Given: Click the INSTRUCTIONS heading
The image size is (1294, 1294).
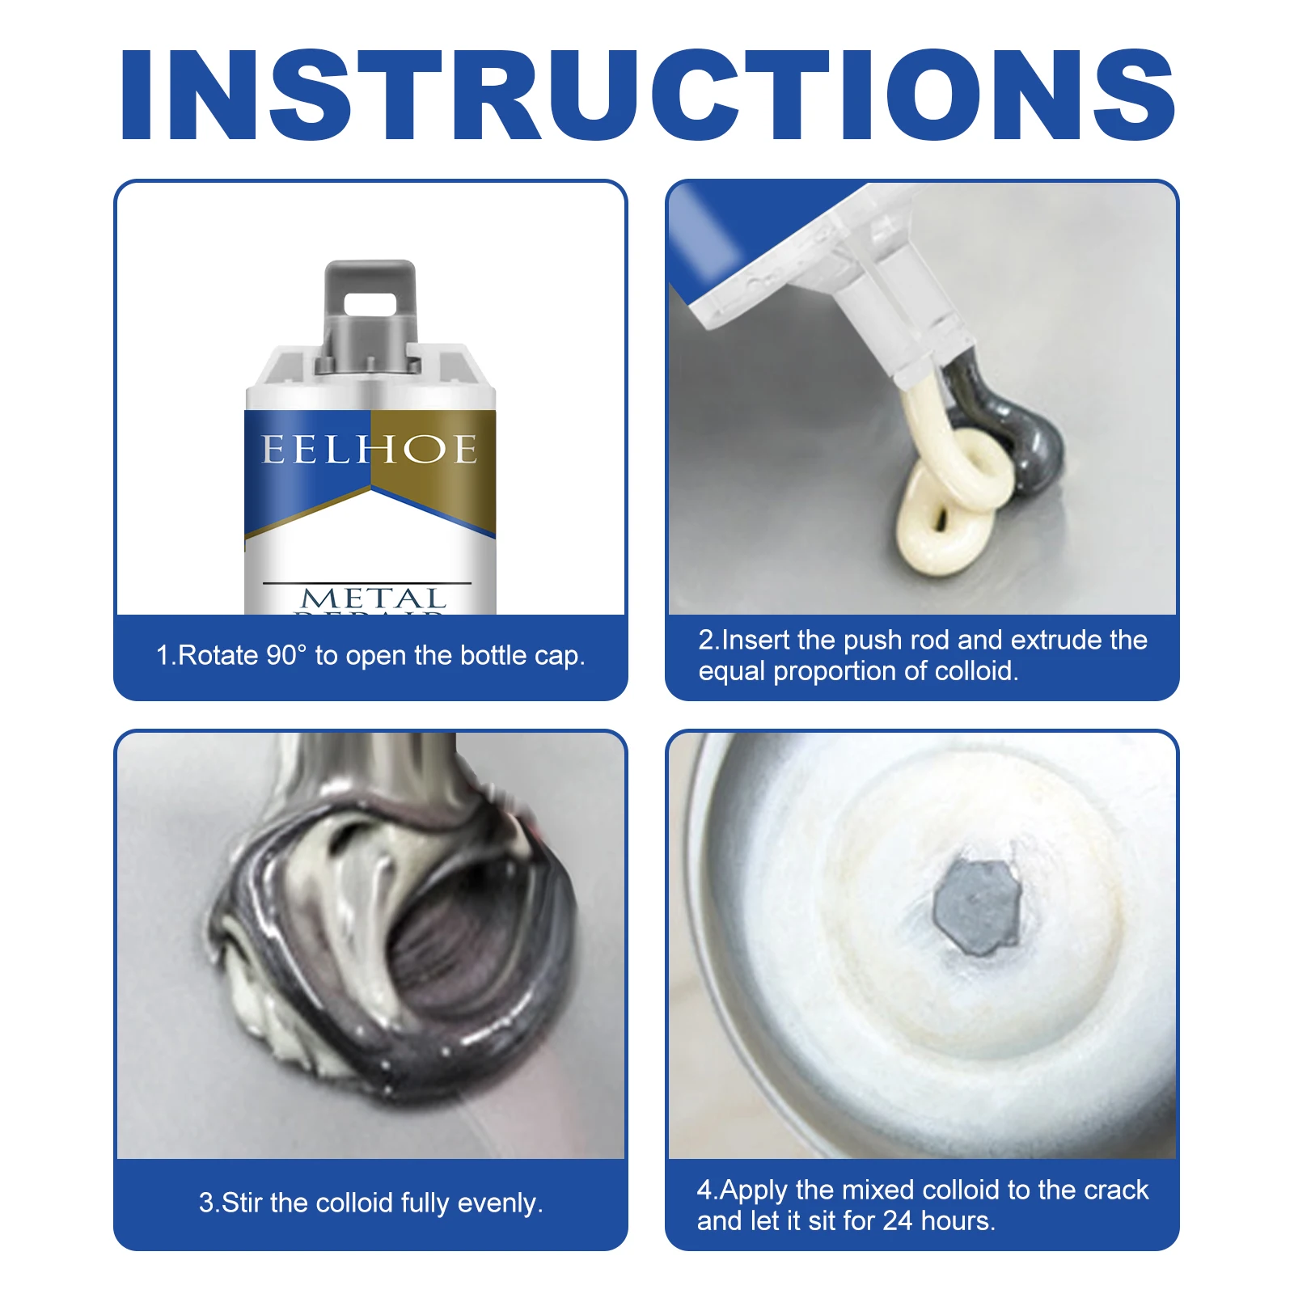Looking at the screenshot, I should [x=647, y=95].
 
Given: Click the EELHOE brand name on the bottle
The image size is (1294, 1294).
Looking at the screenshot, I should [x=370, y=450].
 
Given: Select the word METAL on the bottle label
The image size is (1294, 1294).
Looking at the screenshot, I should [x=373, y=598].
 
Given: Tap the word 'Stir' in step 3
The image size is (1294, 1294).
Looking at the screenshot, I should [x=242, y=1203].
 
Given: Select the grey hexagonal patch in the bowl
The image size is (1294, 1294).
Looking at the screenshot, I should [x=976, y=905].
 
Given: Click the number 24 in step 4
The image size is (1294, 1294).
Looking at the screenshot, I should [x=897, y=1220].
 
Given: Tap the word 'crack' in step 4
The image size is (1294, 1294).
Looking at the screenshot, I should [x=1116, y=1190].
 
